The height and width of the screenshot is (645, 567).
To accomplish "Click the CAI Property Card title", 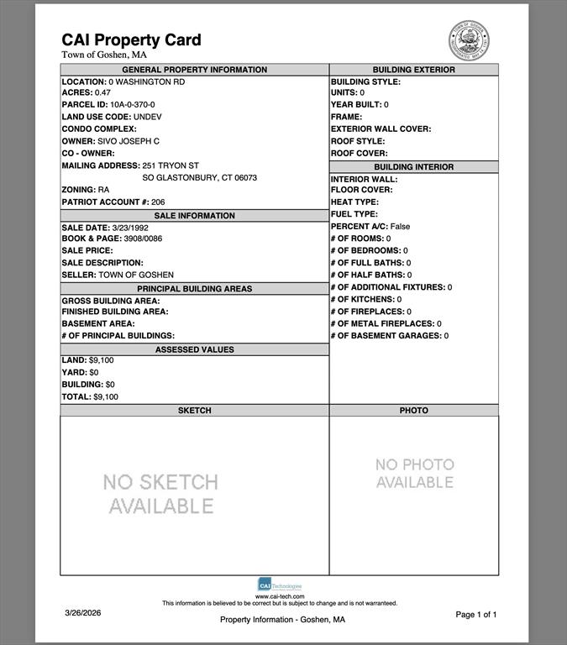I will [131, 39].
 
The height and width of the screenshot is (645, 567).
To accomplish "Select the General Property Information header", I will [194, 70].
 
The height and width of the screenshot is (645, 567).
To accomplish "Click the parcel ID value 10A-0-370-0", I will [132, 105].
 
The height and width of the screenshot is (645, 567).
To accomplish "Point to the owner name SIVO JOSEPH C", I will [128, 141].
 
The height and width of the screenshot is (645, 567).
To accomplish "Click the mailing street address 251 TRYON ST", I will [171, 165].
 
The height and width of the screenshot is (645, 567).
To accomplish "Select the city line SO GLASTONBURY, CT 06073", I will [199, 178].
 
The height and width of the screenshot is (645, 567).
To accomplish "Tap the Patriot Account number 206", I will [158, 202].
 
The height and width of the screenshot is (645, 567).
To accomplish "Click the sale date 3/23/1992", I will [129, 228].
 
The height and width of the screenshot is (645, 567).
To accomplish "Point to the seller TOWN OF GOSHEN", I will [136, 275].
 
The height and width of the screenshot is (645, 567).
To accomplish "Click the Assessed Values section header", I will [194, 349].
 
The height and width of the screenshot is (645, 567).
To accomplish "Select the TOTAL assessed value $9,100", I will [106, 396].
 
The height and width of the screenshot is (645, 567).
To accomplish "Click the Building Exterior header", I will [413, 70].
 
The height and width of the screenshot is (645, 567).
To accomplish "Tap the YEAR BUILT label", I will [356, 105].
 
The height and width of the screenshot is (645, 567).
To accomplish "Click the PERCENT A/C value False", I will [400, 227].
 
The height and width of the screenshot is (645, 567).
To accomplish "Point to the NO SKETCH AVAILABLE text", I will [160, 494].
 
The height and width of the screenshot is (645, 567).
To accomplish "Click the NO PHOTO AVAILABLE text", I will [414, 473].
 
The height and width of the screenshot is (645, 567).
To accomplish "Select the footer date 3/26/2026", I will [82, 613].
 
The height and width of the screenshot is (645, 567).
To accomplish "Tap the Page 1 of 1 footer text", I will [476, 615].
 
